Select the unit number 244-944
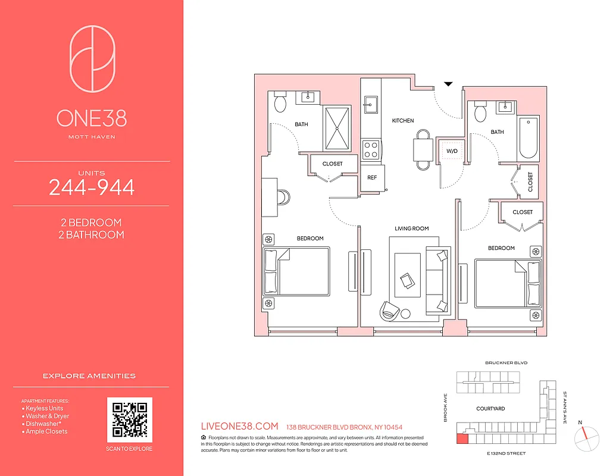click(92, 187)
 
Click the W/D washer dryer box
click(452, 151)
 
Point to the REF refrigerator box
click(372, 177)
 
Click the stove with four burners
click(371, 149)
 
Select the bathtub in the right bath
click(528, 137)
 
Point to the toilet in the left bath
click(279, 104)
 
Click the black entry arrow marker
click(449, 84)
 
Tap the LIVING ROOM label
click(411, 228)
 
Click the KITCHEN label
click(403, 121)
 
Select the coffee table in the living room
click(405, 271)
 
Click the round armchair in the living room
click(390, 310)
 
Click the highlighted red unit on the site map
click(462, 439)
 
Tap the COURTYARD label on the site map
click(490, 409)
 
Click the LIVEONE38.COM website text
click(240, 427)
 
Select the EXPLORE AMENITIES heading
click(89, 376)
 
